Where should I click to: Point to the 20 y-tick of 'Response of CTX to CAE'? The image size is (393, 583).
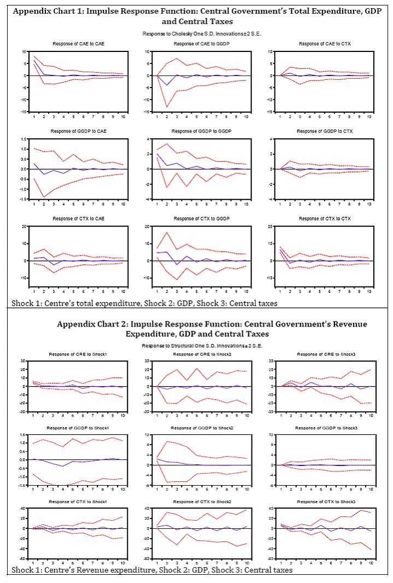24,226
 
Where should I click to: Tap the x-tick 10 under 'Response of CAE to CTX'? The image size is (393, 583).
369,116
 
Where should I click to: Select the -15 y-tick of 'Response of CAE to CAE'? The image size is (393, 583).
24,111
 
